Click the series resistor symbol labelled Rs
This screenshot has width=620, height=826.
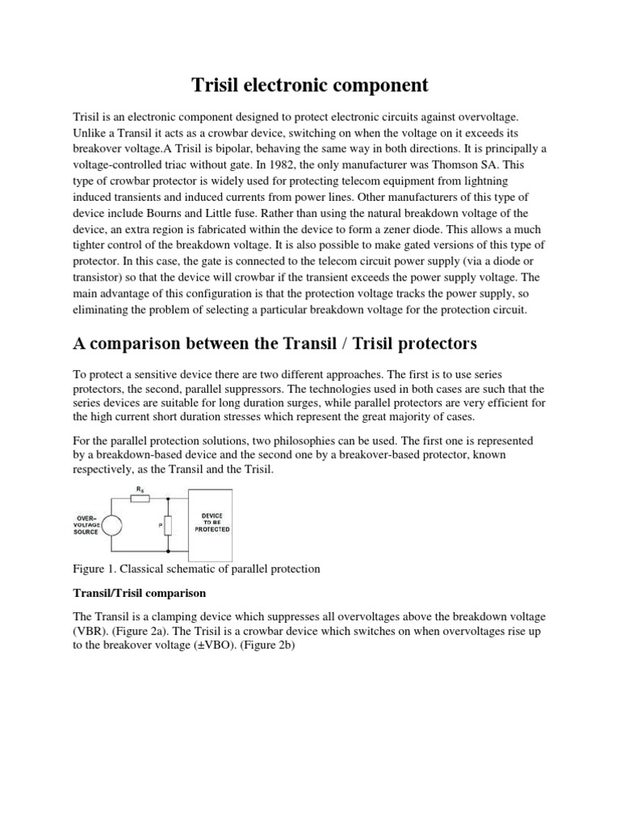142,499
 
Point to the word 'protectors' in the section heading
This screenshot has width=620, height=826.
436,344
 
